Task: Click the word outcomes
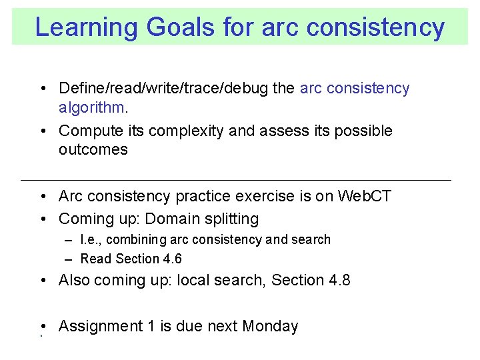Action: (x=93, y=149)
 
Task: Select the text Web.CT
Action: (x=365, y=197)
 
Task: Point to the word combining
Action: (x=136, y=239)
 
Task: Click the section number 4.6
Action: (x=173, y=259)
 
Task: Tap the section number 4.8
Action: (x=338, y=281)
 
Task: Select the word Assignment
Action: (x=101, y=326)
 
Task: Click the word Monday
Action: (x=270, y=326)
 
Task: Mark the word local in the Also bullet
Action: (x=193, y=281)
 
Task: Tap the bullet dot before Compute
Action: (x=42, y=131)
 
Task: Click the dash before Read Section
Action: (x=69, y=259)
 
